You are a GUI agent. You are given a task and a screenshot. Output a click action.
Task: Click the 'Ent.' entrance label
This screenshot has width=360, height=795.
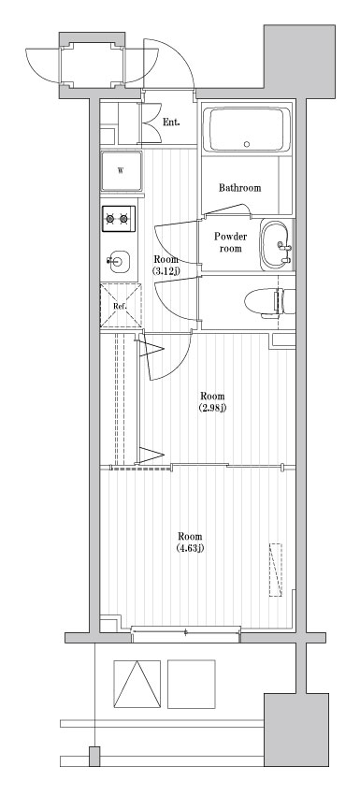click(170, 123)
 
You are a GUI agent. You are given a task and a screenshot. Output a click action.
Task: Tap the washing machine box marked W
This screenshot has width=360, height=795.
click(122, 170)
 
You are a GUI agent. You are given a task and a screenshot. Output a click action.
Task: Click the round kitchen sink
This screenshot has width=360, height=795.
click(118, 259)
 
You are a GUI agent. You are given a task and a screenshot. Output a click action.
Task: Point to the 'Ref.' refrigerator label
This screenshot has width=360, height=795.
click(120, 306)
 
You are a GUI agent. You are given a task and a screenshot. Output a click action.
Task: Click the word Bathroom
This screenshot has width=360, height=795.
click(239, 188)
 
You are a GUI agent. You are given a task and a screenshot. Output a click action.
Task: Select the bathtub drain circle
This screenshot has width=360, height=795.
click(247, 145)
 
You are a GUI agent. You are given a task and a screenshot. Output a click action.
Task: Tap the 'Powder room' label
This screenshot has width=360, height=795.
click(229, 243)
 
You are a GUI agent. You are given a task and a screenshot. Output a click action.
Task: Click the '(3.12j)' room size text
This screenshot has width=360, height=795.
click(166, 271)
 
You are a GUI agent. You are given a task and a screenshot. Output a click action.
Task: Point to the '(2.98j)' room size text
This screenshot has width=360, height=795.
click(212, 408)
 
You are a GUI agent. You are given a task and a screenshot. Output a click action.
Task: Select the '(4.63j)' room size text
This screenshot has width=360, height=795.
click(191, 548)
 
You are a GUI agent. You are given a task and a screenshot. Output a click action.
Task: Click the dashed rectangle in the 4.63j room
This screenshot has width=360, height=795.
click(276, 569)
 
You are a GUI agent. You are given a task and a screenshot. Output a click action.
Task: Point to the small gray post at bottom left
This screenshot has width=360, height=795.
click(94, 757)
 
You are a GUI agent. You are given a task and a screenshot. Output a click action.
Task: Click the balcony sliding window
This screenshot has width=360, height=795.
click(186, 635)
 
